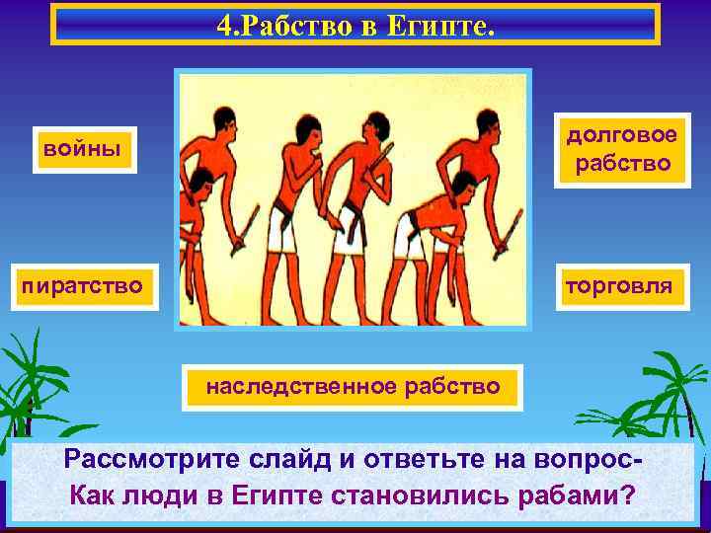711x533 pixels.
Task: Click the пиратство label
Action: point(83,286)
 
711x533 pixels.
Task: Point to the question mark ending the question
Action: point(629,495)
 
